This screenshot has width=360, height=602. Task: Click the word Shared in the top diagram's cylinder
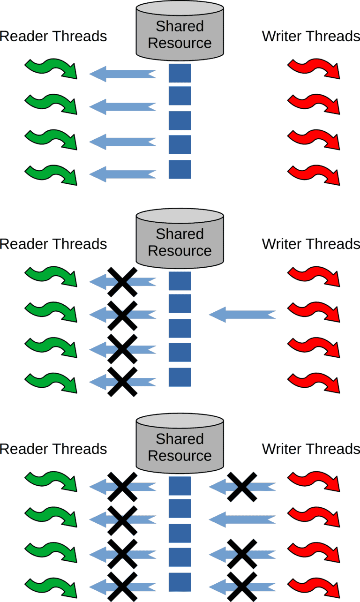(180, 26)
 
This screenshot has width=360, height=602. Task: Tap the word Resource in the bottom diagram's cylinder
(180, 456)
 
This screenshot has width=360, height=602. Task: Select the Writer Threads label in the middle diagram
(311, 244)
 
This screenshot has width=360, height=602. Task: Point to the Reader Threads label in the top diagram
(53, 36)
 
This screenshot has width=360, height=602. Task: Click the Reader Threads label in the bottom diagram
(53, 449)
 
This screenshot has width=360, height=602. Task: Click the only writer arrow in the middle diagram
(242, 314)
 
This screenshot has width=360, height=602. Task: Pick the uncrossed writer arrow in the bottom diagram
(242, 519)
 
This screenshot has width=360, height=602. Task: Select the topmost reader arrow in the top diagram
(122, 74)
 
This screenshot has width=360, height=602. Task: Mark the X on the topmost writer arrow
(241, 487)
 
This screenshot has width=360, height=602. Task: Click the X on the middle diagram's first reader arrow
(122, 282)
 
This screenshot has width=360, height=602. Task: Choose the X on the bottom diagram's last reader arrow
(122, 586)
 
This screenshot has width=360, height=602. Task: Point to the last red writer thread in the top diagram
(313, 173)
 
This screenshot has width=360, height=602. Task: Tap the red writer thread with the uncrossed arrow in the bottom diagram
(313, 516)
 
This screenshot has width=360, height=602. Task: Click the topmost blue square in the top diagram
(180, 74)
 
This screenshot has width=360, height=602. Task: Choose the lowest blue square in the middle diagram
(180, 377)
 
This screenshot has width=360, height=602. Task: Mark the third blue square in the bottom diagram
(180, 533)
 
